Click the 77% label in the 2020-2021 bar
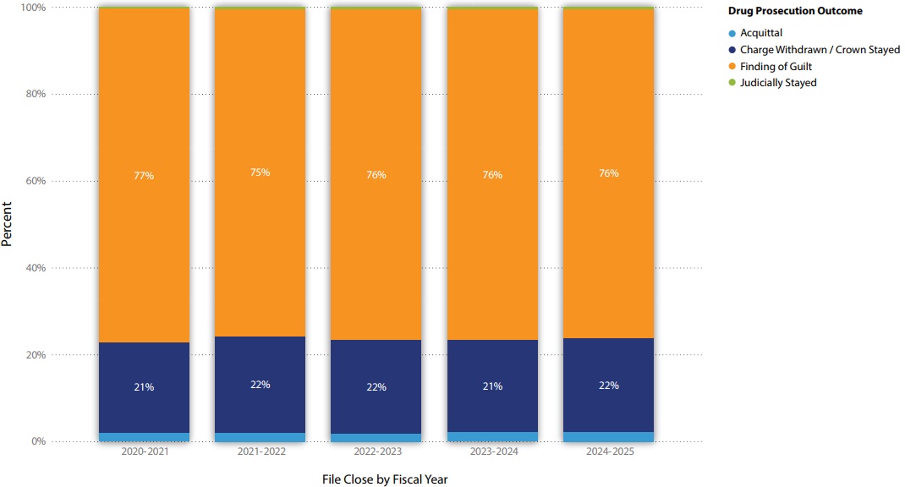pyautogui.click(x=144, y=176)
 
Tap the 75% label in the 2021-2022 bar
pyautogui.click(x=260, y=172)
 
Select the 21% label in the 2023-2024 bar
pyautogui.click(x=492, y=386)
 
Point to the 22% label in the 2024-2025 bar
pyautogui.click(x=608, y=386)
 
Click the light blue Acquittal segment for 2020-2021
pyautogui.click(x=144, y=437)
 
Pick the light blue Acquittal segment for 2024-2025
pyautogui.click(x=608, y=437)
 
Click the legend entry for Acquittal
pyautogui.click(x=761, y=33)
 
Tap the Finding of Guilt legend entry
pyautogui.click(x=776, y=66)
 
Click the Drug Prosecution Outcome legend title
pyautogui.click(x=795, y=12)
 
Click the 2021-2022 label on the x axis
pyautogui.click(x=260, y=452)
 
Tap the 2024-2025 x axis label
pyautogui.click(x=608, y=452)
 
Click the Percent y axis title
pyautogui.click(x=8, y=223)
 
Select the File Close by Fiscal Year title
pyautogui.click(x=385, y=479)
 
